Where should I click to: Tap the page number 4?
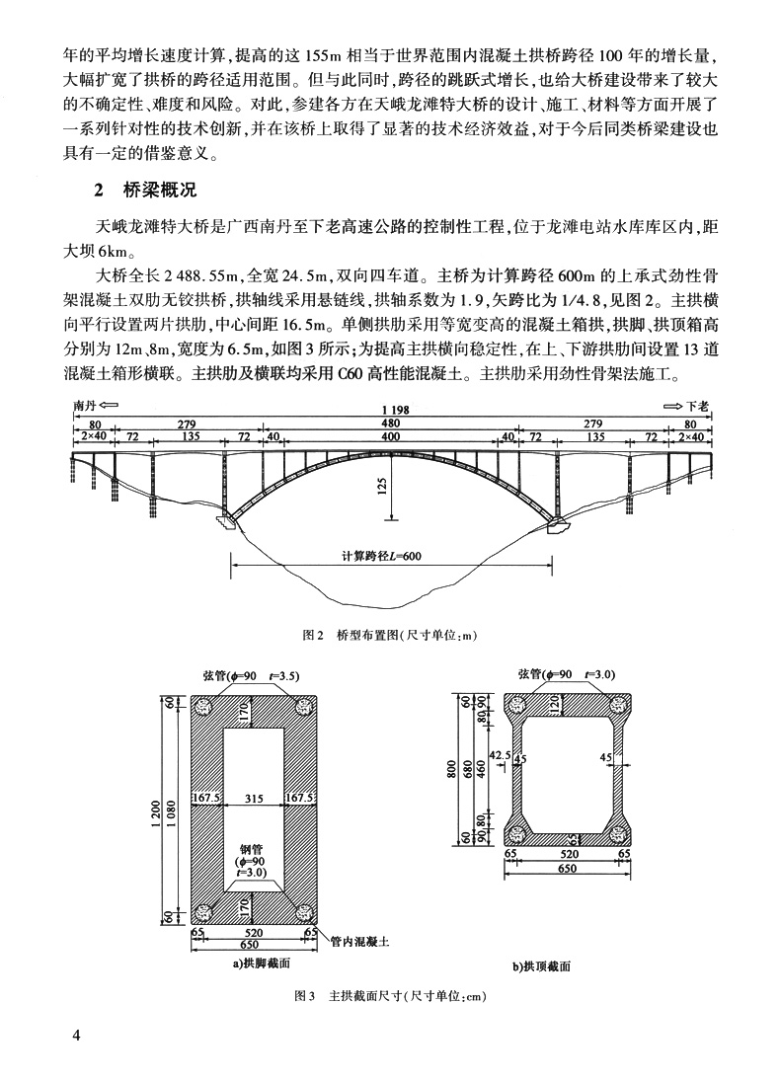(76, 1035)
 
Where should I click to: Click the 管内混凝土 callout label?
(357, 941)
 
